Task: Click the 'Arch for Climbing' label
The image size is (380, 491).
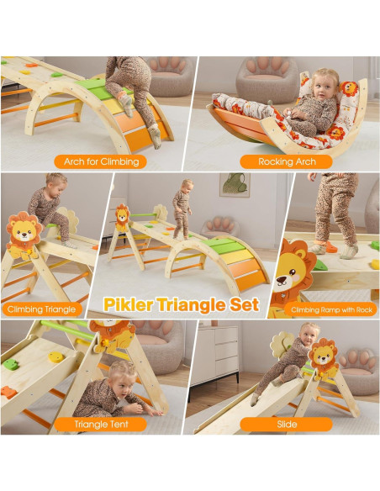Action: [x=97, y=161]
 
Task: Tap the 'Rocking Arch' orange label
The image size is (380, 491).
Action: [x=288, y=161]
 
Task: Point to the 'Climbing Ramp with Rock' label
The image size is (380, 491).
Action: [x=330, y=309]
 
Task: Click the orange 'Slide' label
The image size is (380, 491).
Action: [x=287, y=425]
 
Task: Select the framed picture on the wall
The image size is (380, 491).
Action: [x=235, y=185]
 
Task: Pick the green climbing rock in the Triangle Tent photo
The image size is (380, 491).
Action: [x=12, y=364]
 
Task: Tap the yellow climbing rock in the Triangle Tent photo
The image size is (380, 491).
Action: [x=55, y=357]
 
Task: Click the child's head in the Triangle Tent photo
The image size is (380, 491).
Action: [x=122, y=373]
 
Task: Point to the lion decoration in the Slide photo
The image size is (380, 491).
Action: [x=322, y=356]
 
